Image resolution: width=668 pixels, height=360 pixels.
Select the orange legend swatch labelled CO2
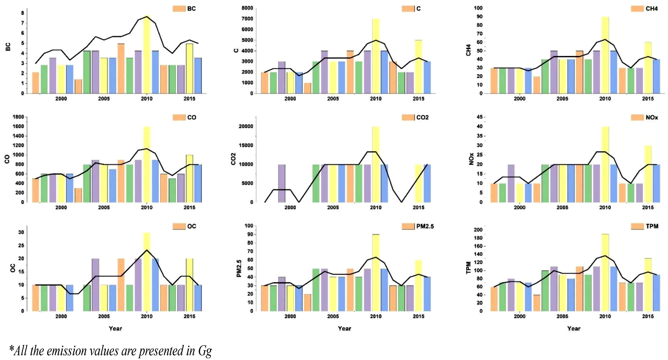tap(408, 118)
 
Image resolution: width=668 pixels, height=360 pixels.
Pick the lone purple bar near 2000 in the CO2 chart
tap(282, 183)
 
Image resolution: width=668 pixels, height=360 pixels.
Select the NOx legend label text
tap(652, 118)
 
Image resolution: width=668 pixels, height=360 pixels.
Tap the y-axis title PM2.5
tap(239, 268)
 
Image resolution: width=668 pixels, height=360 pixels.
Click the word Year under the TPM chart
tap(574, 328)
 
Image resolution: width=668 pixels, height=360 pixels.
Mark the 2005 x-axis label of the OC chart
tap(104, 316)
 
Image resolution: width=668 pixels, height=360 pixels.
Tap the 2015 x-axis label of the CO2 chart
tap(418, 207)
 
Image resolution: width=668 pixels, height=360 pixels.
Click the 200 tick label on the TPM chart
tap(478, 230)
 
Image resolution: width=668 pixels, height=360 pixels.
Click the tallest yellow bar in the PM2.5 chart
tap(375, 272)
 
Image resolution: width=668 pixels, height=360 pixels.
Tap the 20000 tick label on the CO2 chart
tap(246, 127)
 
